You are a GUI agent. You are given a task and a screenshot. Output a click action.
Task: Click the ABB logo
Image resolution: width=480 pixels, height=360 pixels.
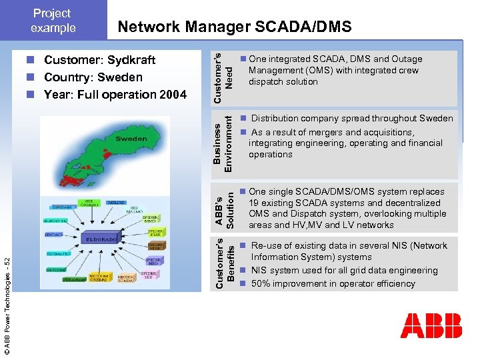[x=431, y=325]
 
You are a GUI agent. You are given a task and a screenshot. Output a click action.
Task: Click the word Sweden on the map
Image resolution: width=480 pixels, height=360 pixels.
[x=131, y=139]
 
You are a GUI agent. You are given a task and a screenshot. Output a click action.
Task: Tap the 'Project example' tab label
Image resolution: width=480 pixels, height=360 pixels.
[x=53, y=20]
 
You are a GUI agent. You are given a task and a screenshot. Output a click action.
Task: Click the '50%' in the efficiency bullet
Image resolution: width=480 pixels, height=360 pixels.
[x=261, y=283]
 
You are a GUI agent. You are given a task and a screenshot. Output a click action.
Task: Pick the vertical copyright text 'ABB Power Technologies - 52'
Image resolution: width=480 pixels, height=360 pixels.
[x=7, y=306]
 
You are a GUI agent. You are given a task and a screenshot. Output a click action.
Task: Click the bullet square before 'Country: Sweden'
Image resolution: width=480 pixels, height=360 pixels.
[x=31, y=77]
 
